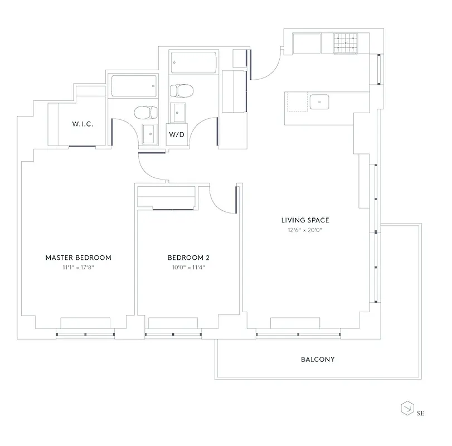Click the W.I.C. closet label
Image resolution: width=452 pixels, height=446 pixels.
pyautogui.click(x=82, y=124)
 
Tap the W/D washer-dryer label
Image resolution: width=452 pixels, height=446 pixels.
pyautogui.click(x=177, y=134)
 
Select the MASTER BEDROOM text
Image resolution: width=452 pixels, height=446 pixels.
pyautogui.click(x=78, y=258)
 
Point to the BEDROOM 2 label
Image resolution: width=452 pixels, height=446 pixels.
pyautogui.click(x=188, y=258)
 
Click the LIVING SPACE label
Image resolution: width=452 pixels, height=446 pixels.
pyautogui.click(x=305, y=220)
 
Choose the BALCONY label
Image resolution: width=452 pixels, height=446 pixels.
pyautogui.click(x=318, y=360)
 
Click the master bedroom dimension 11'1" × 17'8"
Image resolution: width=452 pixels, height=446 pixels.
pyautogui.click(x=78, y=267)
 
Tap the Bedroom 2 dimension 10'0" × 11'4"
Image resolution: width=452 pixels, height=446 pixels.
pyautogui.click(x=188, y=267)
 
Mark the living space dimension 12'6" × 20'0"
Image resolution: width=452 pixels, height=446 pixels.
pyautogui.click(x=305, y=230)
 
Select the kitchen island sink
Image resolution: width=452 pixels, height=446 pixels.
pyautogui.click(x=319, y=101)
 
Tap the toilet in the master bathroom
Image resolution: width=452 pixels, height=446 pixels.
pyautogui.click(x=144, y=113)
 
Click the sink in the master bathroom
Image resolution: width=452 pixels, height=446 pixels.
pyautogui.click(x=149, y=134)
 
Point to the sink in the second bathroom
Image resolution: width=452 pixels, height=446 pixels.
pyautogui.click(x=178, y=113)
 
